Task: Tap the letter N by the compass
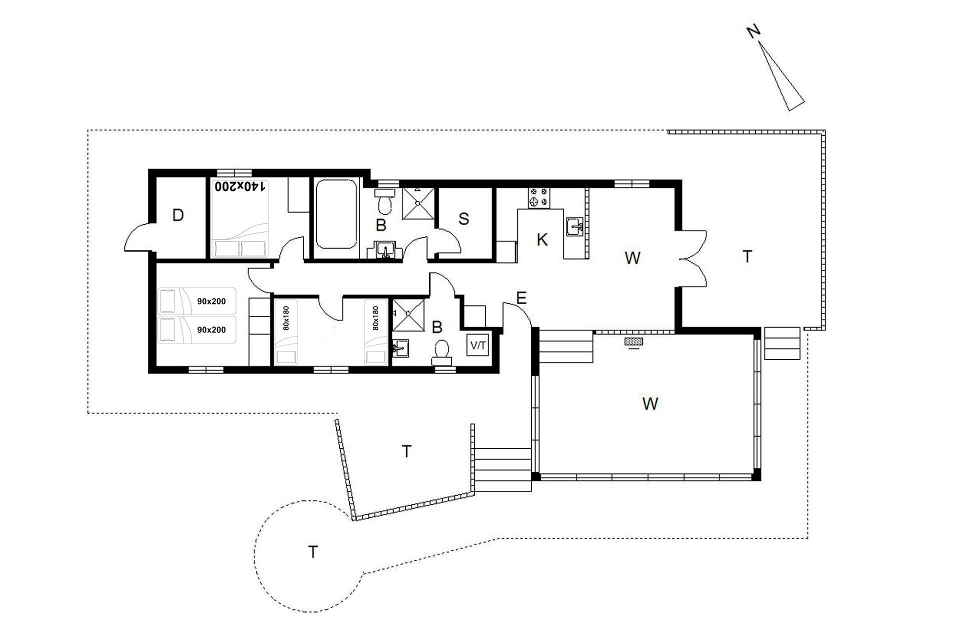753,31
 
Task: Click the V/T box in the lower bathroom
477,345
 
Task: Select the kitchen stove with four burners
539,197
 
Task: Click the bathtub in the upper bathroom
336,214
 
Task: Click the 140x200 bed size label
239,186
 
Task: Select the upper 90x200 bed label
211,301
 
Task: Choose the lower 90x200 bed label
211,330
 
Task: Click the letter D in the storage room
178,215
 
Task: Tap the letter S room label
463,219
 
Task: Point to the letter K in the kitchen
542,240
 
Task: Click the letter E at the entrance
521,298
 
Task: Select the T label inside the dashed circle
313,552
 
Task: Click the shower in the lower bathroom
408,315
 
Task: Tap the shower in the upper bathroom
418,203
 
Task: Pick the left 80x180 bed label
286,318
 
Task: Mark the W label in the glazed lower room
650,403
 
